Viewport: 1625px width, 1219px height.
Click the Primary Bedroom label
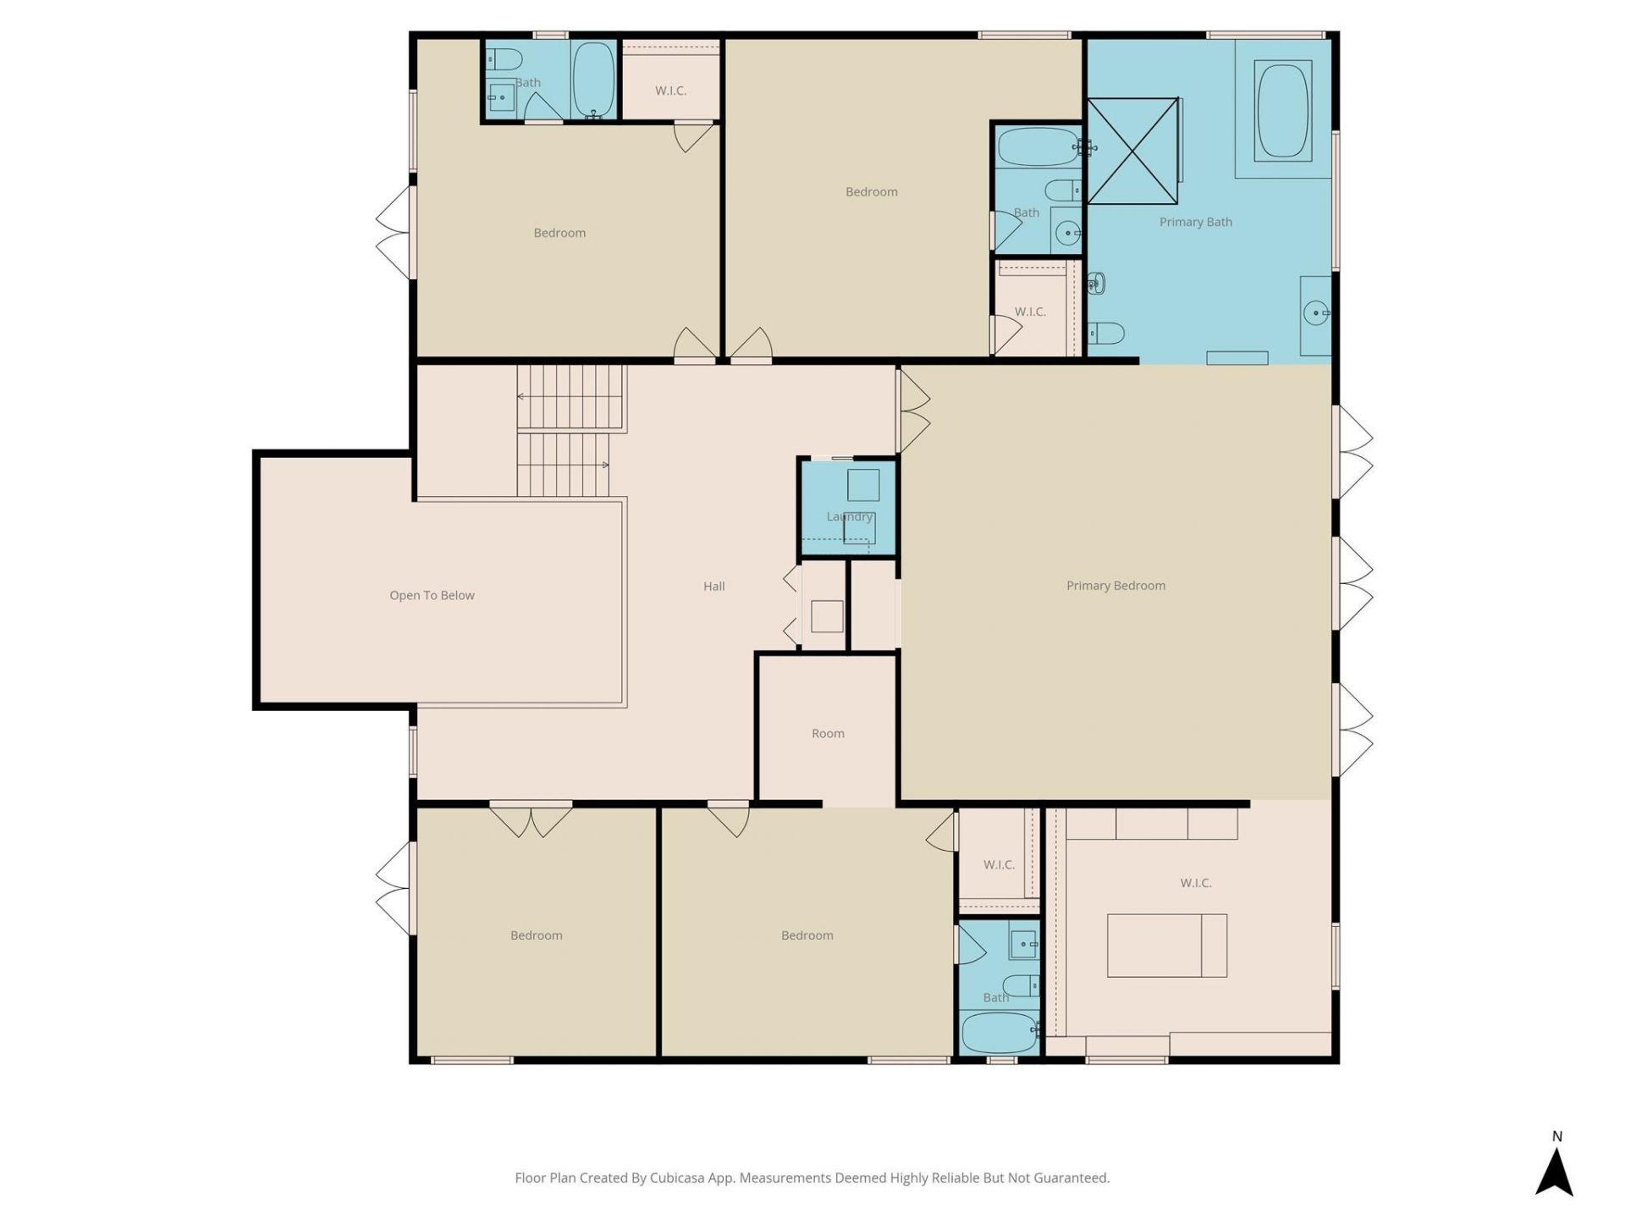[x=1115, y=586]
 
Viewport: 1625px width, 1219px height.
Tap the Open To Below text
[x=432, y=595]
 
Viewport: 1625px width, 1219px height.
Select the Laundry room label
[x=849, y=516]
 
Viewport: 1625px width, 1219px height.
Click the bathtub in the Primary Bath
[x=1283, y=110]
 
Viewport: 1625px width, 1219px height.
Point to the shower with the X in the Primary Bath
[x=1132, y=152]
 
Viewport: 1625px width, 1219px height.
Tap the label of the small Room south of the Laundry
[x=828, y=733]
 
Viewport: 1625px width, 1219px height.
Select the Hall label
[x=713, y=586]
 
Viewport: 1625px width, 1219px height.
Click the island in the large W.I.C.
[x=1166, y=945]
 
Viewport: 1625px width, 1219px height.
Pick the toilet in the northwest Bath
[x=507, y=60]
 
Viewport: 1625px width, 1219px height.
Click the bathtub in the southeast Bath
[x=999, y=1032]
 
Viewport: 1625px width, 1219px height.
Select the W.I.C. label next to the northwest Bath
[x=670, y=91]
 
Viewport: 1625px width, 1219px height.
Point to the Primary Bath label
[x=1195, y=222]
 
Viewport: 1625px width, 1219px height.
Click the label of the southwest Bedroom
[x=536, y=935]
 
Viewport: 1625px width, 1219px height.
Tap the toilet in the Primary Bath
[x=1105, y=333]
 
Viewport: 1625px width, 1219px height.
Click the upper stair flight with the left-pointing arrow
[x=570, y=397]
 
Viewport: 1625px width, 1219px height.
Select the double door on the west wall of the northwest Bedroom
[x=394, y=233]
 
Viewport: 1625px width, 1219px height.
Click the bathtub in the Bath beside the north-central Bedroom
[x=1038, y=147]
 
